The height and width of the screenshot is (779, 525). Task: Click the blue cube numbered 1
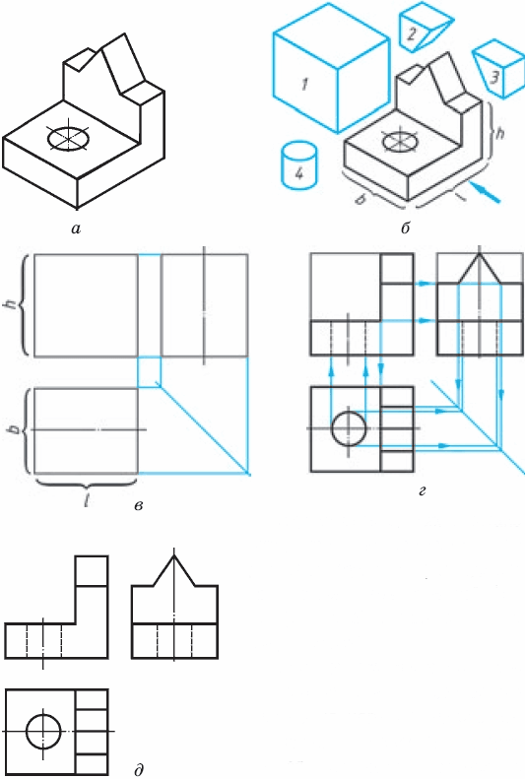[x=330, y=67]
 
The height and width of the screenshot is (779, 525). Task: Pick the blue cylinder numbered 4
[x=299, y=165]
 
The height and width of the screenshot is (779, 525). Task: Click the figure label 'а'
[x=76, y=228]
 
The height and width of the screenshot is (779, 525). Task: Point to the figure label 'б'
[x=405, y=228]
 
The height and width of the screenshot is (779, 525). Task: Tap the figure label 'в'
[x=139, y=506]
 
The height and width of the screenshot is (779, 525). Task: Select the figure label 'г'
[x=423, y=491]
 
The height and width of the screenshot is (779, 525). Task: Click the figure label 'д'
[x=139, y=769]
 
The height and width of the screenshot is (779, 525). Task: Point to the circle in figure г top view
[x=349, y=427]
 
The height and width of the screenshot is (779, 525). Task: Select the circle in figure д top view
[x=43, y=732]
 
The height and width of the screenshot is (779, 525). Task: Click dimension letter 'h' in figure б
[x=499, y=133]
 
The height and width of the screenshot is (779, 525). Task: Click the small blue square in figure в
[x=150, y=372]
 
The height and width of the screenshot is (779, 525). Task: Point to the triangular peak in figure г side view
[x=479, y=269]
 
